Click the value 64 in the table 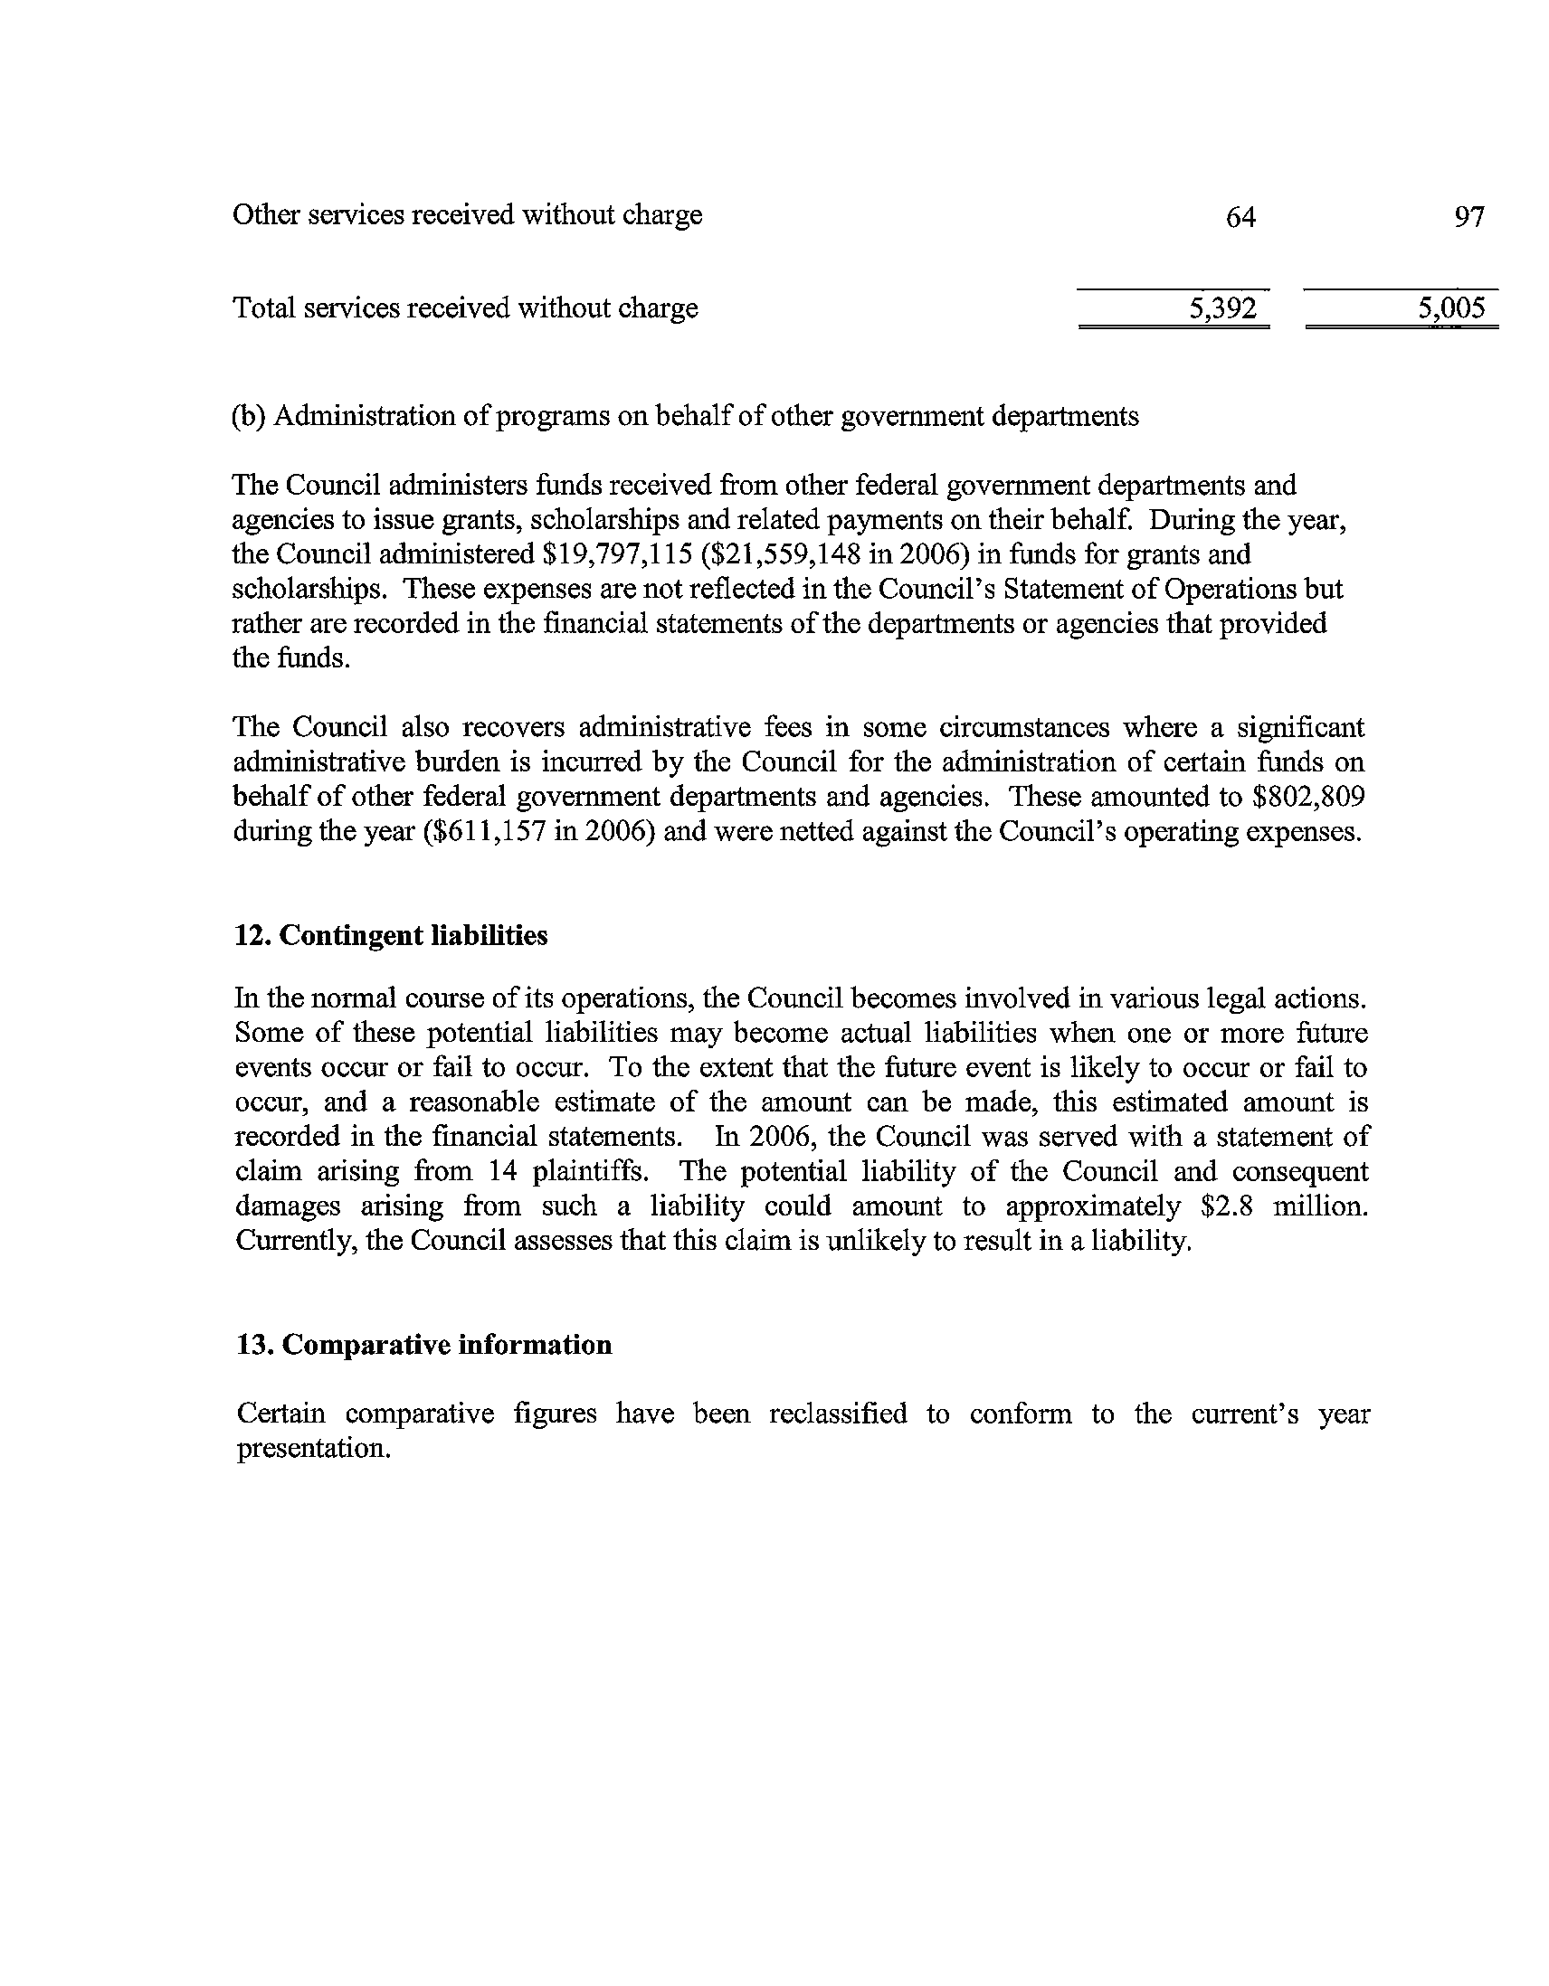(1240, 216)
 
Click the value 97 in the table (1469, 216)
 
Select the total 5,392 (1222, 309)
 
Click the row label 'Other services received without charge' (468, 215)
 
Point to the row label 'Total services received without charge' (466, 309)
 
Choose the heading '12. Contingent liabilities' (392, 936)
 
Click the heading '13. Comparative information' (424, 1345)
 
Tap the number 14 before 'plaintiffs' (503, 1172)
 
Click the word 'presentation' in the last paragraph (314, 1449)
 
